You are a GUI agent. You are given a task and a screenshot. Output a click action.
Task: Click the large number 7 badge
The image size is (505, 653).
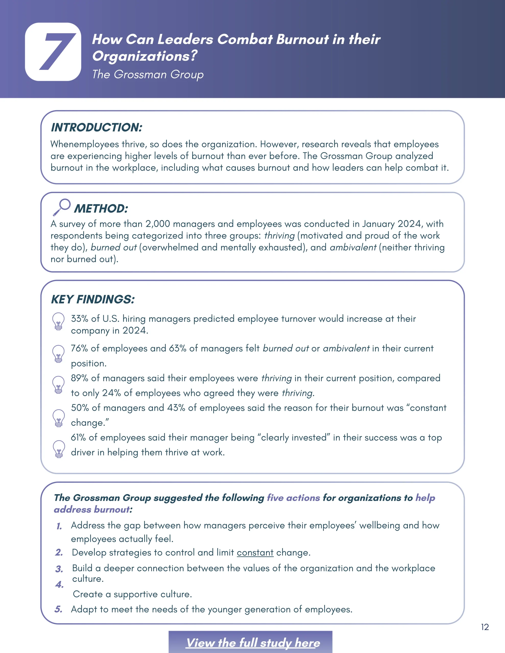53,52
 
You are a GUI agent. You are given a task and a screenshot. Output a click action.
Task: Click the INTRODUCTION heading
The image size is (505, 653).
97,127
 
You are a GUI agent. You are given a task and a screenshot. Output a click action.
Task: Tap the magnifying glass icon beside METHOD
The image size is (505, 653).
62,207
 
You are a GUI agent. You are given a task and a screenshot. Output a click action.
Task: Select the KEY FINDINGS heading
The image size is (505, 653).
93,299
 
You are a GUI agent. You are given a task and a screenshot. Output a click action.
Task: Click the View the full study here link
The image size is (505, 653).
253,643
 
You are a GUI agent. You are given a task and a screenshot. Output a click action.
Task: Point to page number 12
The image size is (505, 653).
485,627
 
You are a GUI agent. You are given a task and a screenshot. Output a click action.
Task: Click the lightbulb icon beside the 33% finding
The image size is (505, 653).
58,321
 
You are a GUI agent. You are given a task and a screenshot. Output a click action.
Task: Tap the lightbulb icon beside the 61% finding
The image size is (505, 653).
59,448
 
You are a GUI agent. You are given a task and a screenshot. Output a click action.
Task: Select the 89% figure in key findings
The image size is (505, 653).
79,378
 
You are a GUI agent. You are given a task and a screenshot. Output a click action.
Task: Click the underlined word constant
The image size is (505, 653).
255,552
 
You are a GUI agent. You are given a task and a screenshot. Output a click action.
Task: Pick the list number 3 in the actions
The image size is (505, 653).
59,569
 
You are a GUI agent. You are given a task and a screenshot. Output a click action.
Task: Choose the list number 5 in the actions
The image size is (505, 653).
58,609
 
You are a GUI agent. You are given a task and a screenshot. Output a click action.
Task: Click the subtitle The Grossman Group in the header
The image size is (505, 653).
148,74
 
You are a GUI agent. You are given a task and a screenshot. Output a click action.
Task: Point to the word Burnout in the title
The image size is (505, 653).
302,40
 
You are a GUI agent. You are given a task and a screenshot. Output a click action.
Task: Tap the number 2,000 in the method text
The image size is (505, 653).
158,224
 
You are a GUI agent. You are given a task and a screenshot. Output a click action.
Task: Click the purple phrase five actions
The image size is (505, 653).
293,498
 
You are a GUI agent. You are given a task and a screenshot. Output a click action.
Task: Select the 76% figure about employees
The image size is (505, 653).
79,348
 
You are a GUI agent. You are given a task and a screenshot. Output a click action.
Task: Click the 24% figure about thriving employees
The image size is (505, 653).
111,393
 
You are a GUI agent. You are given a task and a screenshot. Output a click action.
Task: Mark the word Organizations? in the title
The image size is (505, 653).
145,56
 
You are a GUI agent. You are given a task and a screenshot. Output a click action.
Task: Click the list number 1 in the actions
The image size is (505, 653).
59,526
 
